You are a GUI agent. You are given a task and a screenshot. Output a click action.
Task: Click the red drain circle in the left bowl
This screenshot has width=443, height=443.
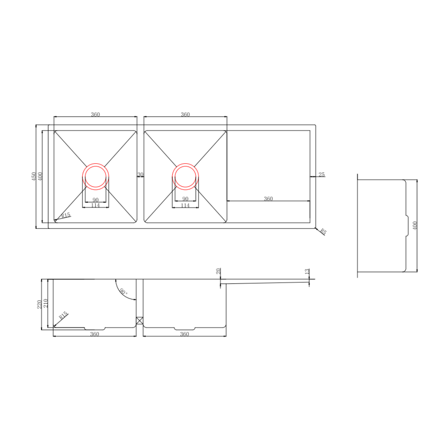click(x=96, y=177)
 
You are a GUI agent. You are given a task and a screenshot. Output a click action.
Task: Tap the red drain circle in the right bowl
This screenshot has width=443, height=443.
click(x=186, y=177)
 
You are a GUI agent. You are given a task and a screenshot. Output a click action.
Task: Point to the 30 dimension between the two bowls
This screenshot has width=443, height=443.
click(x=140, y=175)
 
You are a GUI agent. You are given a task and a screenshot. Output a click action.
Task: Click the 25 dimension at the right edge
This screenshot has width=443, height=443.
click(x=322, y=175)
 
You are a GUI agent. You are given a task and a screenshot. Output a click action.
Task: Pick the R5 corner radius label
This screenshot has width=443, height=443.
click(x=323, y=232)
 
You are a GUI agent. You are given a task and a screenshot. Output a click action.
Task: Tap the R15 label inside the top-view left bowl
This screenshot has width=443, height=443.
click(x=66, y=216)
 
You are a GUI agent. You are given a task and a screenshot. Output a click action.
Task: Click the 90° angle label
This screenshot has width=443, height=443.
click(x=123, y=292)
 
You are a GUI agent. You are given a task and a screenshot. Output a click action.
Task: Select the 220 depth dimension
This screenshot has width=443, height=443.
click(x=39, y=304)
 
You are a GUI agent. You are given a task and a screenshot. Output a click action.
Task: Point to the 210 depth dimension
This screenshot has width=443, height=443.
click(x=46, y=304)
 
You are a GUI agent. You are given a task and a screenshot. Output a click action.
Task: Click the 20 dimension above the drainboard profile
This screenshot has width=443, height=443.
click(x=219, y=271)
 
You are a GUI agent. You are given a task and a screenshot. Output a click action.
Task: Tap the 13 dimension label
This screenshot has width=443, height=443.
click(x=307, y=272)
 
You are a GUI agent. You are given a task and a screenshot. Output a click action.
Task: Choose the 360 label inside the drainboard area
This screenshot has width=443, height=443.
click(x=268, y=199)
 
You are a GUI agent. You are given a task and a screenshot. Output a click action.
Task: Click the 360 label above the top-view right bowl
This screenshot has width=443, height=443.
click(x=185, y=115)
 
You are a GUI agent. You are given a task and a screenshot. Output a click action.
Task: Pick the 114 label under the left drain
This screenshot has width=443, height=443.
click(x=95, y=206)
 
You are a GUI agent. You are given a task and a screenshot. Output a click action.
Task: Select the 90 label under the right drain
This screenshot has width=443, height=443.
click(x=185, y=200)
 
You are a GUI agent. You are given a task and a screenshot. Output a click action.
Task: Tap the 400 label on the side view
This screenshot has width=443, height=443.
click(x=415, y=226)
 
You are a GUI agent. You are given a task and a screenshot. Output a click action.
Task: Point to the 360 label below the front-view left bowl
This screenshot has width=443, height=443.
click(x=95, y=334)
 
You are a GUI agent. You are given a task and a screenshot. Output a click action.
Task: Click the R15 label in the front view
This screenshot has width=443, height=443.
click(x=63, y=316)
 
